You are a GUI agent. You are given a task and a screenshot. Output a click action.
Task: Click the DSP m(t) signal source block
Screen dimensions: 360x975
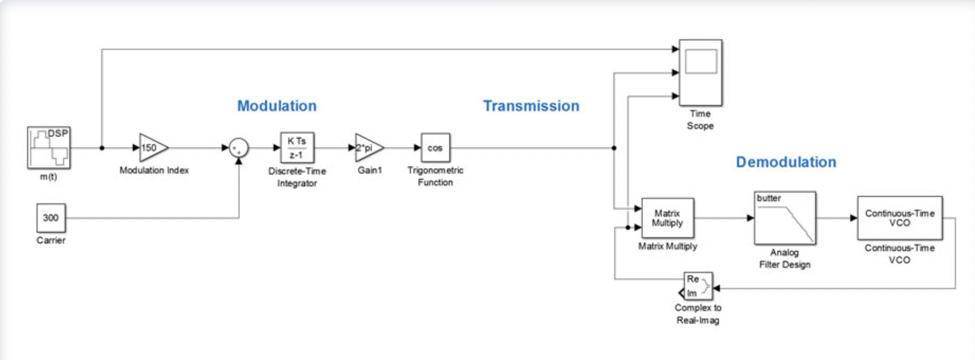click(49, 147)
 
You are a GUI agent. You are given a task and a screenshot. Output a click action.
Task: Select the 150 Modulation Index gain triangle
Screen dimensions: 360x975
click(152, 148)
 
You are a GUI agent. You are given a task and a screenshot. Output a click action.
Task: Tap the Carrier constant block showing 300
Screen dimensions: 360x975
click(51, 218)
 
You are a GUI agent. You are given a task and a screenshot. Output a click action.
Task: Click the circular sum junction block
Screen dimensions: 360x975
click(239, 148)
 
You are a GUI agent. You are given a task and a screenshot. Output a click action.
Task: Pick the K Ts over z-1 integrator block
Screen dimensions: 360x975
click(297, 147)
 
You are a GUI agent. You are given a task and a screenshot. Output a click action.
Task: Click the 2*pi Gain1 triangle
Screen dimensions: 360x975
click(368, 148)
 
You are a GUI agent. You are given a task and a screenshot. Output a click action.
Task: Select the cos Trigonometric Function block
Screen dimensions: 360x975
click(435, 148)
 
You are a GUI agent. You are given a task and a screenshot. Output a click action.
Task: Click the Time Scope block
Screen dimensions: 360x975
click(700, 73)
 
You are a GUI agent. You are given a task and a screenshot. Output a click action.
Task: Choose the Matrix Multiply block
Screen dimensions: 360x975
click(668, 218)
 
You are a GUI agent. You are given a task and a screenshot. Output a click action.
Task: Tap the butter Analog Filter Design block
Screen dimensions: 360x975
click(784, 218)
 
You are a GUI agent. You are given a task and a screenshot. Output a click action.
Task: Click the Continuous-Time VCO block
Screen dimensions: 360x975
click(899, 218)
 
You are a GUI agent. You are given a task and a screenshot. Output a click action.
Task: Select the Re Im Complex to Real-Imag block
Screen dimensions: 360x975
click(698, 286)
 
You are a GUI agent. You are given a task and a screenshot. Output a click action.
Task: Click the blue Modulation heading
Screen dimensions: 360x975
click(277, 106)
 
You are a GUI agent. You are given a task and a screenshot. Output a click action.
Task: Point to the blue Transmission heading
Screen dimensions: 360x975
click(531, 106)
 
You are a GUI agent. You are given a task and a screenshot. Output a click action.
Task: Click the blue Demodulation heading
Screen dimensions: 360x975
click(786, 162)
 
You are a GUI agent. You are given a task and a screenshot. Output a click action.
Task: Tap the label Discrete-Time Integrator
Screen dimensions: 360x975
click(297, 177)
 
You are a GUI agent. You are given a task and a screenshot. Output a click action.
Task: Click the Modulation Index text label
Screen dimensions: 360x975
click(154, 170)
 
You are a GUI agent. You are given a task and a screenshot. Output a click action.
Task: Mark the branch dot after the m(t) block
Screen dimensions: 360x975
click(102, 148)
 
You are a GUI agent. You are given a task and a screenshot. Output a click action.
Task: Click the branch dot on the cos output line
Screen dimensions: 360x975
click(614, 148)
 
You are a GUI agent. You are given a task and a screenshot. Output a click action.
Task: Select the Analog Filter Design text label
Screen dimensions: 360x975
click(784, 258)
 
